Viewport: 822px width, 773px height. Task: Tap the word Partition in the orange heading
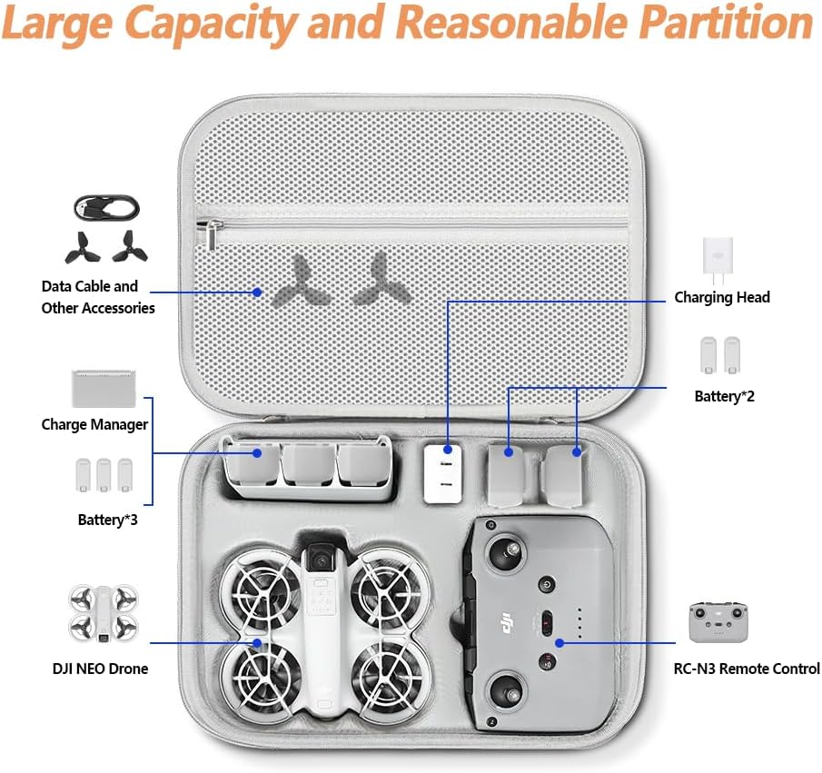tap(726, 24)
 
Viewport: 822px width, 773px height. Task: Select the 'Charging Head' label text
tap(722, 297)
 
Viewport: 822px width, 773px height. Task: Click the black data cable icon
tap(107, 208)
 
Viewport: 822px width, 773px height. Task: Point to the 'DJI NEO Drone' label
tap(100, 669)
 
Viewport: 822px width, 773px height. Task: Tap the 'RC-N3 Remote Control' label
tap(747, 669)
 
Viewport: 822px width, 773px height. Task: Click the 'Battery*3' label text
tap(107, 520)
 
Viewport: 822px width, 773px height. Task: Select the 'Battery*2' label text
tap(724, 396)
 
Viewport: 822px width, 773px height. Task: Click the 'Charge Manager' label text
tap(94, 424)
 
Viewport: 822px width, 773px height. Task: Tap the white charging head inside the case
tap(443, 474)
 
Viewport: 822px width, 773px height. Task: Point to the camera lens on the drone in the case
tap(318, 559)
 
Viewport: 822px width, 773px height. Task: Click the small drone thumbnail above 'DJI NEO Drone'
tap(104, 613)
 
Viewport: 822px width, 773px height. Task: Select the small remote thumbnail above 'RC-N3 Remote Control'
tap(718, 622)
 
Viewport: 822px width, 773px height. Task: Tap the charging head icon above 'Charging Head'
tap(718, 261)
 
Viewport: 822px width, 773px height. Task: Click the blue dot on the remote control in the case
tap(560, 643)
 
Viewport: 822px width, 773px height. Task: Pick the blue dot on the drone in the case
tap(257, 643)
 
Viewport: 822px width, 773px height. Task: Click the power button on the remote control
tap(547, 584)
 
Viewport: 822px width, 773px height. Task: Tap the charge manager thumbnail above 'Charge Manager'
tap(104, 389)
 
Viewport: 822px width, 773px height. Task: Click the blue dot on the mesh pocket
tap(257, 292)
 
